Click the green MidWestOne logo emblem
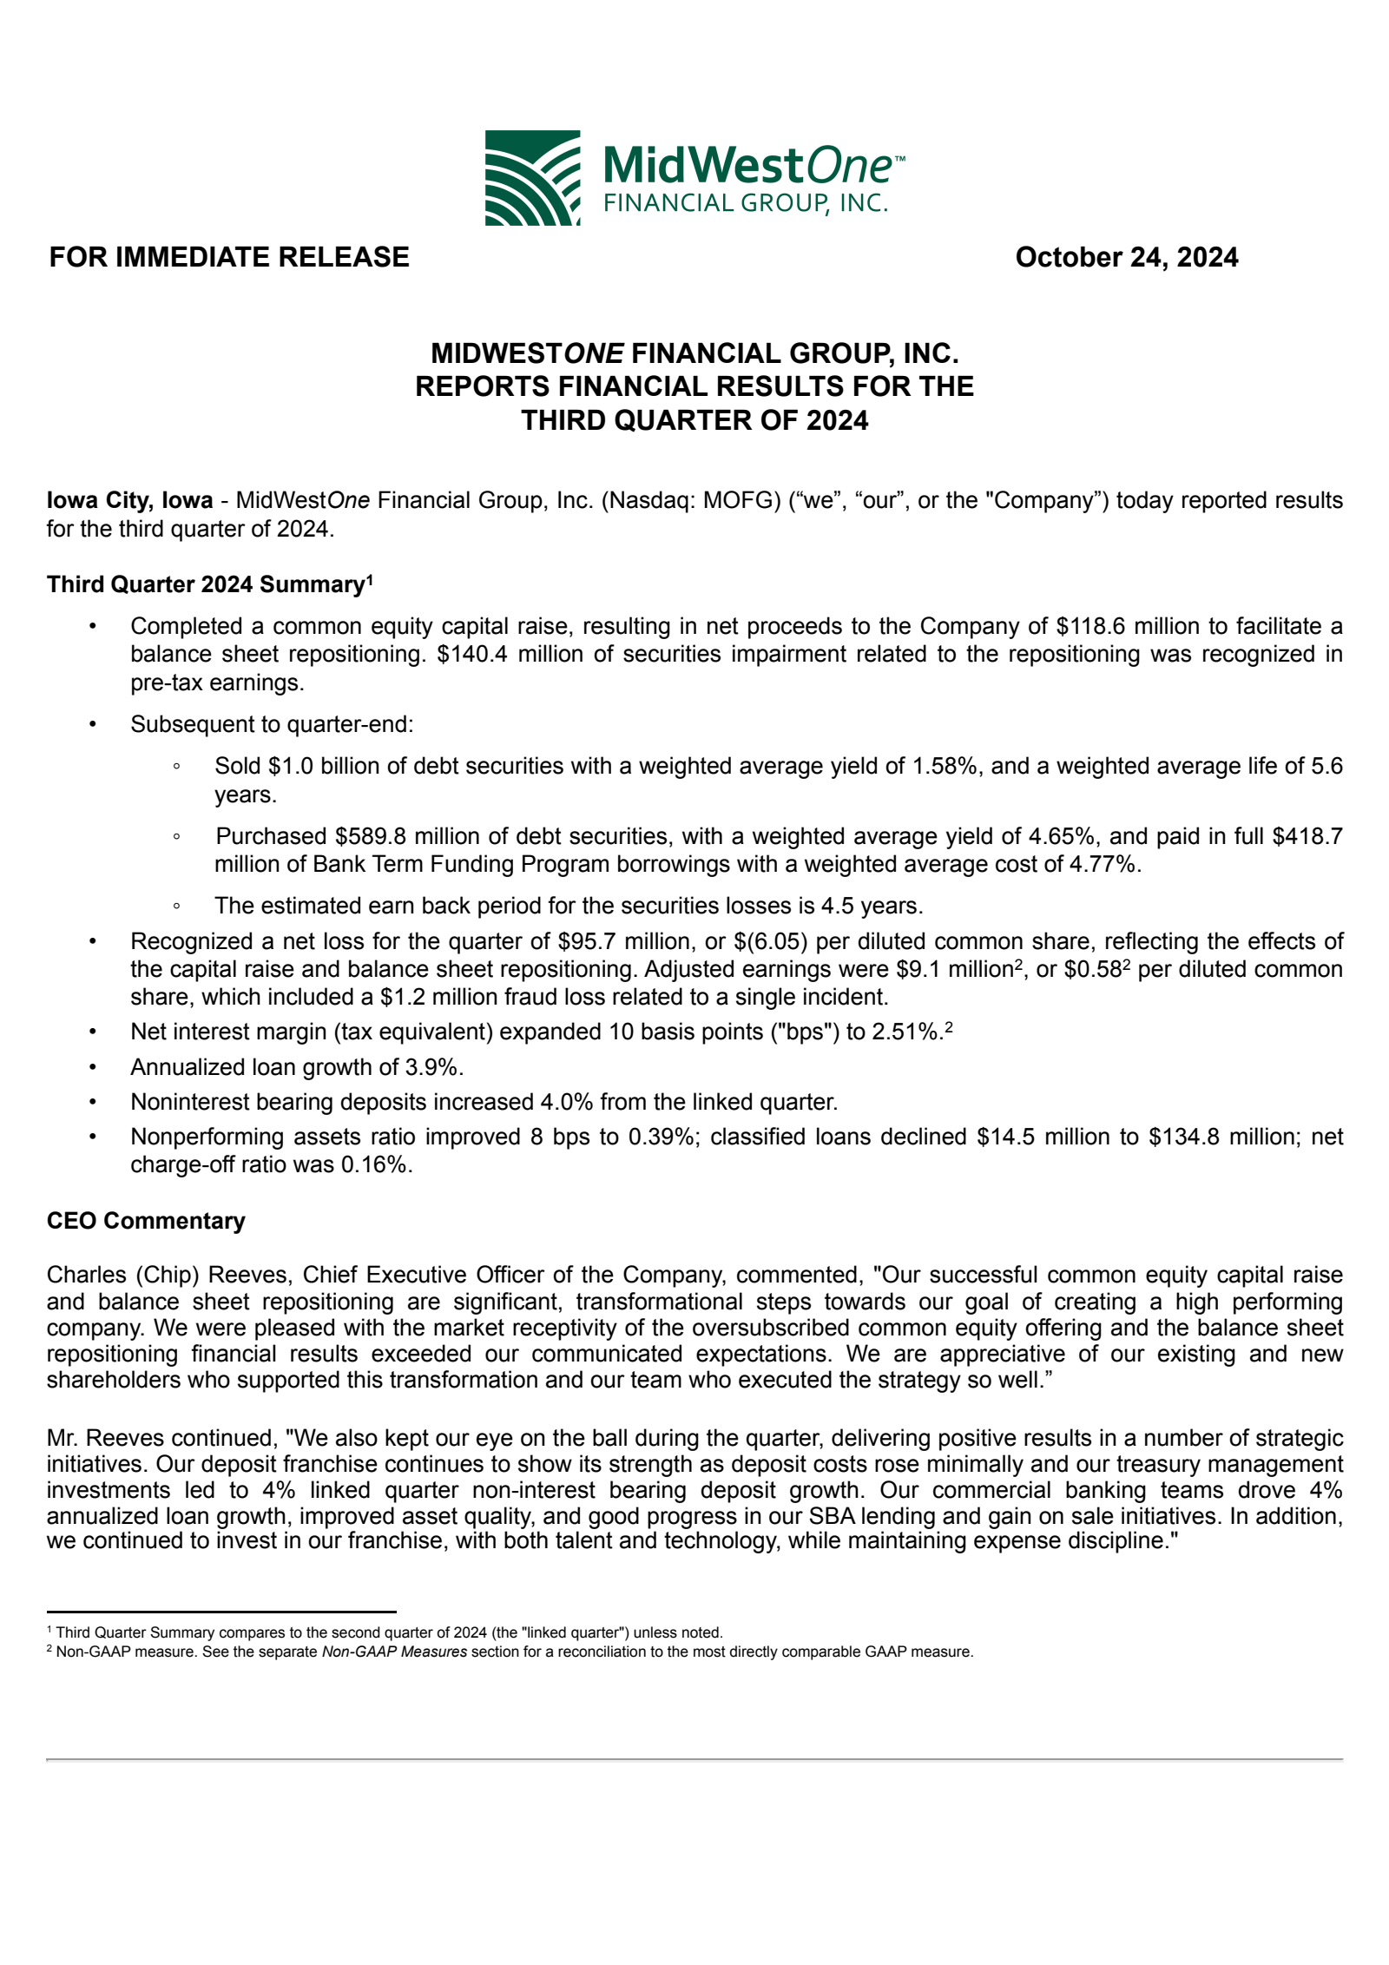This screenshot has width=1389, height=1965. pyautogui.click(x=532, y=178)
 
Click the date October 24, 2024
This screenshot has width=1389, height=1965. pyautogui.click(x=1126, y=257)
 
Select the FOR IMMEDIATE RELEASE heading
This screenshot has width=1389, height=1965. pyautogui.click(x=229, y=257)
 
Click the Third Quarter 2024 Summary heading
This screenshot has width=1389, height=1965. pyautogui.click(x=209, y=584)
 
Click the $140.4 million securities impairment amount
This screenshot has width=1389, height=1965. pyautogui.click(x=496, y=654)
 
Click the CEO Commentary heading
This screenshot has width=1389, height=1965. pyautogui.click(x=146, y=1221)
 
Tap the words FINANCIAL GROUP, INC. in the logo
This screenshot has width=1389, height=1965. pyautogui.click(x=746, y=203)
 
